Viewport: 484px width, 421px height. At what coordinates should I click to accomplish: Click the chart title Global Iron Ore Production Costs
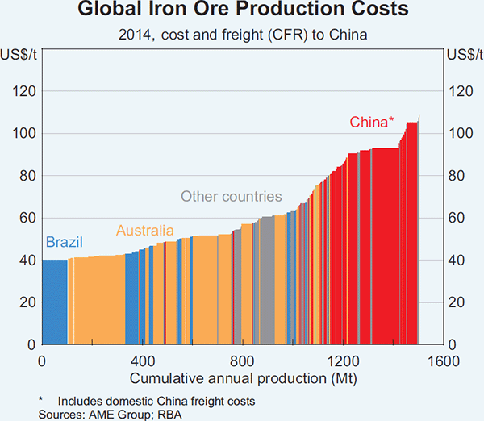click(242, 11)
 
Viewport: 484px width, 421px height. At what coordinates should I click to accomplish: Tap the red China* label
click(372, 123)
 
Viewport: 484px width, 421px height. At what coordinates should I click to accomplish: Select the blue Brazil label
click(64, 242)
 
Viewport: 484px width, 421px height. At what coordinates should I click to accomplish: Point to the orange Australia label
click(145, 231)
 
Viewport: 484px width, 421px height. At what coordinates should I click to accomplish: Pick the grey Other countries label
click(231, 196)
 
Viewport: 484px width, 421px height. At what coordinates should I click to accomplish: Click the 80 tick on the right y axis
click(457, 176)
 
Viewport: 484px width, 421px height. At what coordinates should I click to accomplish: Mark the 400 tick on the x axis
click(143, 360)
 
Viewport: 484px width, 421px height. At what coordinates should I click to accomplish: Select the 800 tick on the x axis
click(243, 360)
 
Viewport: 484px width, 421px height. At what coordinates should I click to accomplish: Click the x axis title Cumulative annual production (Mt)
click(242, 377)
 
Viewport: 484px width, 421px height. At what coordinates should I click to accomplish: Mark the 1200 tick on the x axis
click(343, 360)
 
